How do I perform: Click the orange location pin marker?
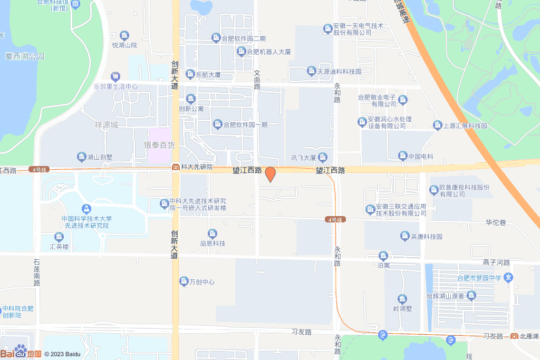coord(270,174)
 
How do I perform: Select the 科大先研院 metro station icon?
coord(175,167)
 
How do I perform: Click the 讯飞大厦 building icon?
coord(323,157)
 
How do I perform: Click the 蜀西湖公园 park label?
coord(25,56)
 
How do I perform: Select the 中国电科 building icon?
coord(403,156)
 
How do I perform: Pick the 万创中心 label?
coord(202,282)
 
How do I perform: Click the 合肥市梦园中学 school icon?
coord(508,277)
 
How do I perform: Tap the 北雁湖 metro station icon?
coord(514,336)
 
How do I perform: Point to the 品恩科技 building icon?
coord(213,233)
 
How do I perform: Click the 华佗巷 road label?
coord(496,223)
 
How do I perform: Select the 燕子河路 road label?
coord(496,262)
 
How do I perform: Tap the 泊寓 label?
coord(383,266)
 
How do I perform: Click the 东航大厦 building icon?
coord(190,75)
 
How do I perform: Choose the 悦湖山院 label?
coord(124,46)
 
